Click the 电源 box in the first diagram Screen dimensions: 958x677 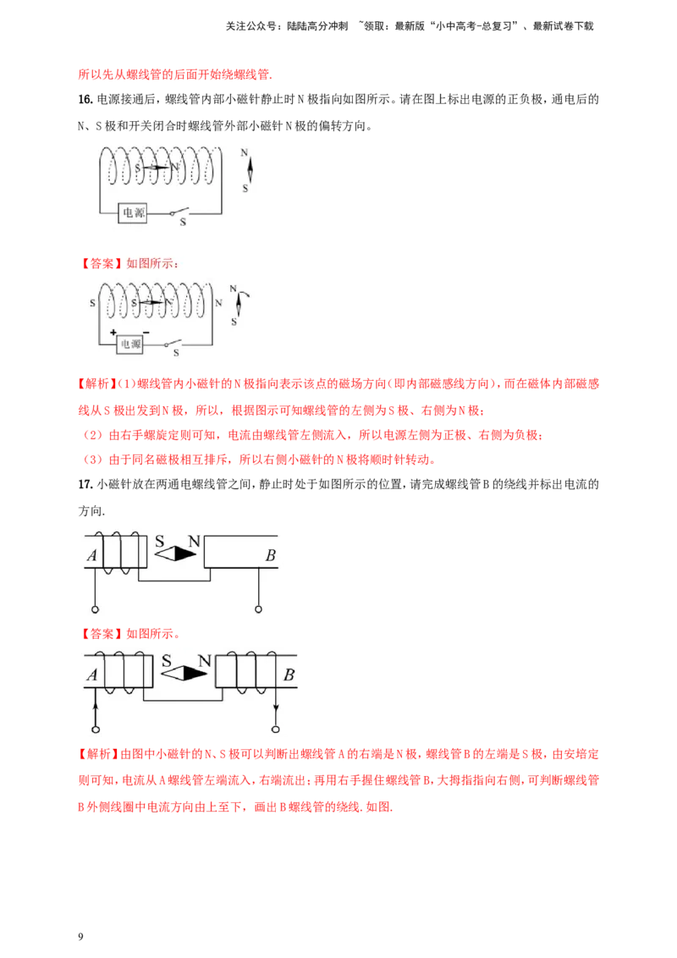pyautogui.click(x=132, y=213)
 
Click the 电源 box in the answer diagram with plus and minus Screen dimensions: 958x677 pyautogui.click(x=130, y=344)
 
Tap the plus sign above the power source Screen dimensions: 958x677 pyautogui.click(x=113, y=333)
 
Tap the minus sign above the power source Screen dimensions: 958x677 pyautogui.click(x=146, y=333)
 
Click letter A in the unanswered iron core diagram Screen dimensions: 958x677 pyautogui.click(x=91, y=556)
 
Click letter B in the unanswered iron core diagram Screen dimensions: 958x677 pyautogui.click(x=270, y=556)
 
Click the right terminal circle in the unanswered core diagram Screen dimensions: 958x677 pyautogui.click(x=258, y=608)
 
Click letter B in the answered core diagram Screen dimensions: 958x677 pyautogui.click(x=289, y=675)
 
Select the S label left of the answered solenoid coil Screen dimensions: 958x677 pyautogui.click(x=91, y=302)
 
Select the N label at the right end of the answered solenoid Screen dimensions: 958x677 pyautogui.click(x=218, y=302)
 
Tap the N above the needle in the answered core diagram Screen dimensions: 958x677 pyautogui.click(x=204, y=660)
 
